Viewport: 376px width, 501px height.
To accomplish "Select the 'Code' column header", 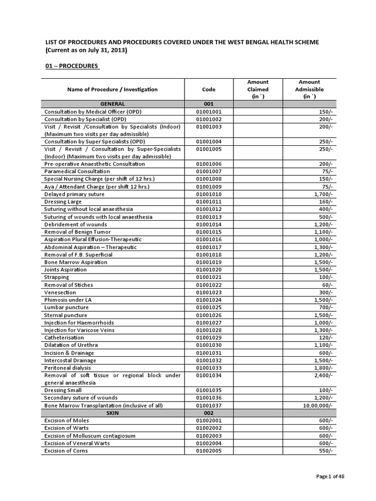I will (208, 90).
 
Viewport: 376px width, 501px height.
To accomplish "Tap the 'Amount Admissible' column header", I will (309, 90).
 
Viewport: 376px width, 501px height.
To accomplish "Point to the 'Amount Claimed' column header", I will (258, 90).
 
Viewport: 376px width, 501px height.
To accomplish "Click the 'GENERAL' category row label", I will (113, 104).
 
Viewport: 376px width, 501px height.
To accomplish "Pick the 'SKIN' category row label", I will (113, 413).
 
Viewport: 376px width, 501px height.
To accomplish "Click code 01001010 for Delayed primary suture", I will (208, 194).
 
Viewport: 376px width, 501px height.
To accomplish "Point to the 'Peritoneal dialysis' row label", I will (68, 368).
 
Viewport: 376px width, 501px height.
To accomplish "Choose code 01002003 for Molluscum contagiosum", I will (208, 435).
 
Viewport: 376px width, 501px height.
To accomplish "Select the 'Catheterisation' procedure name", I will (64, 338).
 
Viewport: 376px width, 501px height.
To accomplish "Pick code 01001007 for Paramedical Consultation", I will (208, 172).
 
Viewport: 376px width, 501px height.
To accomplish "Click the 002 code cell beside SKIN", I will (208, 413).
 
